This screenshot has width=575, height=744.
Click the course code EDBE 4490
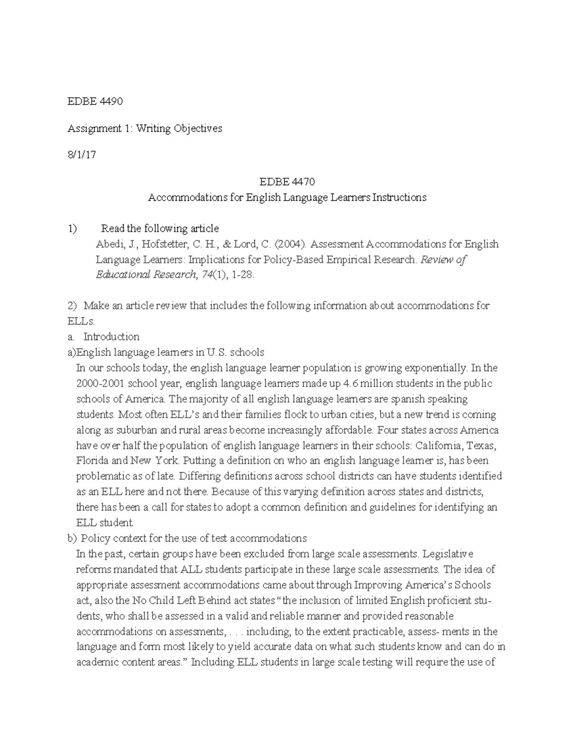[x=95, y=102]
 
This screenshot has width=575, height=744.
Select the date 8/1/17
[x=81, y=155]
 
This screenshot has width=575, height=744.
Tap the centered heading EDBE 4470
[x=287, y=182]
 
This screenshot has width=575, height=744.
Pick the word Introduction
[x=111, y=337]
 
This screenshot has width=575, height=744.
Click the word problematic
[x=103, y=476]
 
